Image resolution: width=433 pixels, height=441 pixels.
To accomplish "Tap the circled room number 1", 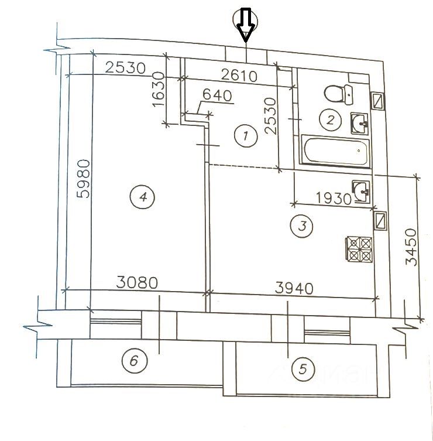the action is [246, 136].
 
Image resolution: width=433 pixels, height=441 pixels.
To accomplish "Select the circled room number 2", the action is [330, 120].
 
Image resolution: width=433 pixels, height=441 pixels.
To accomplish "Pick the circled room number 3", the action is [302, 226].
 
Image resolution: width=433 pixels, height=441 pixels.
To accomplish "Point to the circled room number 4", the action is [142, 197].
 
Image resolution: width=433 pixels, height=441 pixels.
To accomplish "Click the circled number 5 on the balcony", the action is [303, 369].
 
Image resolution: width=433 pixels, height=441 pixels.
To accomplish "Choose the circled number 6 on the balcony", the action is [135, 361].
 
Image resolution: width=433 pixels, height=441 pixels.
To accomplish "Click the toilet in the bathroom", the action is [338, 94].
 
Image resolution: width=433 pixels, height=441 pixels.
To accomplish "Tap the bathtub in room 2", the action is [336, 151].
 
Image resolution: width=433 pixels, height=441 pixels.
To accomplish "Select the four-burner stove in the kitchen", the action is [360, 249].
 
